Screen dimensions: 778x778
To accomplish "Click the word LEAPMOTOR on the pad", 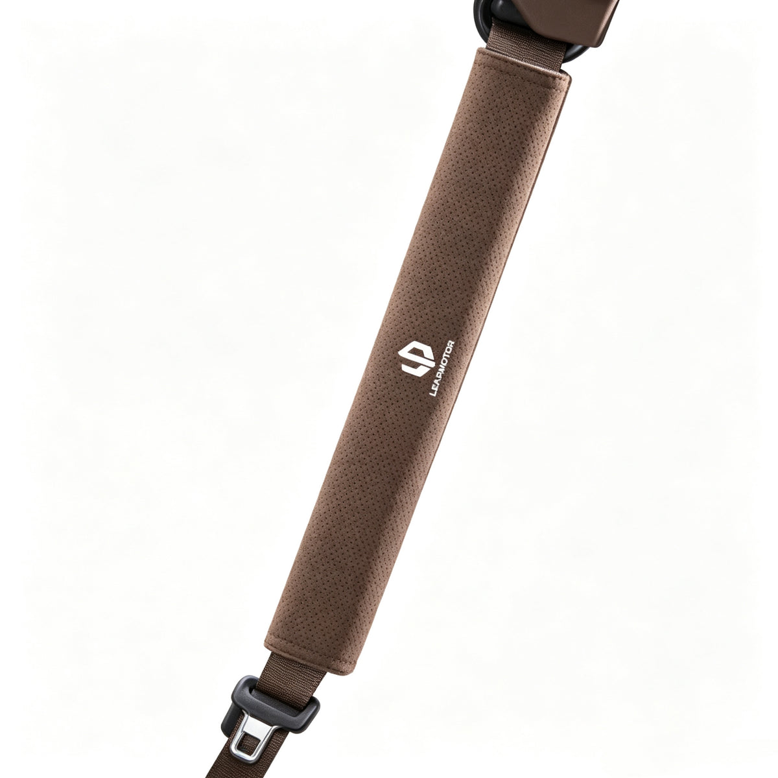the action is (x=443, y=369).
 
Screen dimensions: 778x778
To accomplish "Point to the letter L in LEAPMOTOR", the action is (x=432, y=392).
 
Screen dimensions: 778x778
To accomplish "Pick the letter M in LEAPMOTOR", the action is (x=443, y=369).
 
